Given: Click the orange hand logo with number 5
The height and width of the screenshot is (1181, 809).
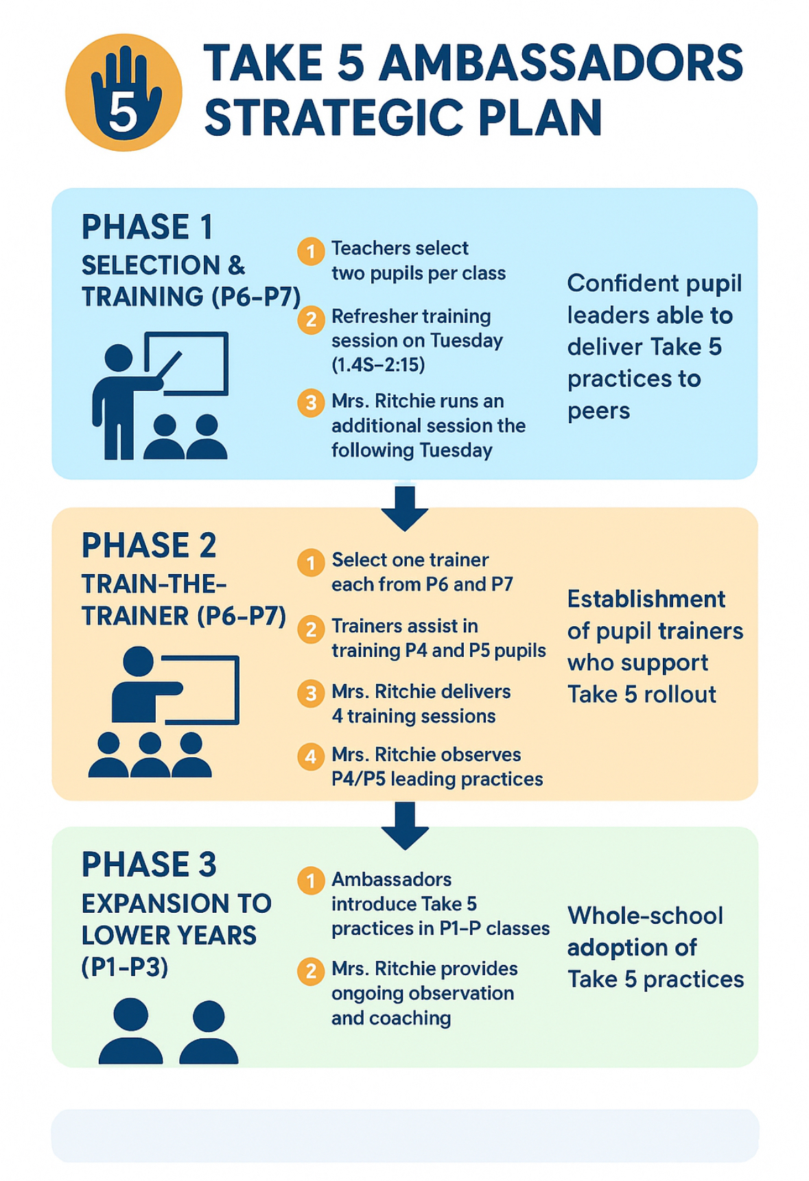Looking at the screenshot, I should coord(124,93).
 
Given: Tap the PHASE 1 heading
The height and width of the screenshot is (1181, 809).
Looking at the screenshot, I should coord(147,227).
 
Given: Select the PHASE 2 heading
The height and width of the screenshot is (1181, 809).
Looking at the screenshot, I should coord(149,546).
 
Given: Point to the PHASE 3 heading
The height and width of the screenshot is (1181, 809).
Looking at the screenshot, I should coord(149,864).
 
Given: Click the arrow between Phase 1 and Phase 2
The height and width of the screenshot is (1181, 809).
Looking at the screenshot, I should coord(405,508).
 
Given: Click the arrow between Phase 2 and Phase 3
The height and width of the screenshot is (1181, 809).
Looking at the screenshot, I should coord(405,826).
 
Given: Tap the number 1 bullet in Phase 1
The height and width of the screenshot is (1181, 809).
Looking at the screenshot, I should coord(311,251).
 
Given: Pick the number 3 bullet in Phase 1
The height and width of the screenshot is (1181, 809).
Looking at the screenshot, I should coord(311,403).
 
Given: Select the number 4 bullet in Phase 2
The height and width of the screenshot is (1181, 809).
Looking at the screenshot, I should coord(311,756).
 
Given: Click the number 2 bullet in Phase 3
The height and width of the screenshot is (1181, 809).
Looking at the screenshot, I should coord(311,971).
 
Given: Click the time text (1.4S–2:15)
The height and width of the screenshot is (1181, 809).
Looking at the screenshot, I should coord(378,365).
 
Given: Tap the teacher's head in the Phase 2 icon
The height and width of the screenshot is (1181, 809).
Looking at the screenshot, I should coord(139,662).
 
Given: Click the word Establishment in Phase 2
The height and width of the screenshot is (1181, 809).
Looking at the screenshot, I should coord(646,599).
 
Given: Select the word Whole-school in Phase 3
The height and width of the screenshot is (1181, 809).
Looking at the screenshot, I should coord(645,916).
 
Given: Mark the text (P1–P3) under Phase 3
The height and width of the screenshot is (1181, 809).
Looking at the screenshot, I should coord(124,967).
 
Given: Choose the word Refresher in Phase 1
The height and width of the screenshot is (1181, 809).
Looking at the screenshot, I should coord(373,316).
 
